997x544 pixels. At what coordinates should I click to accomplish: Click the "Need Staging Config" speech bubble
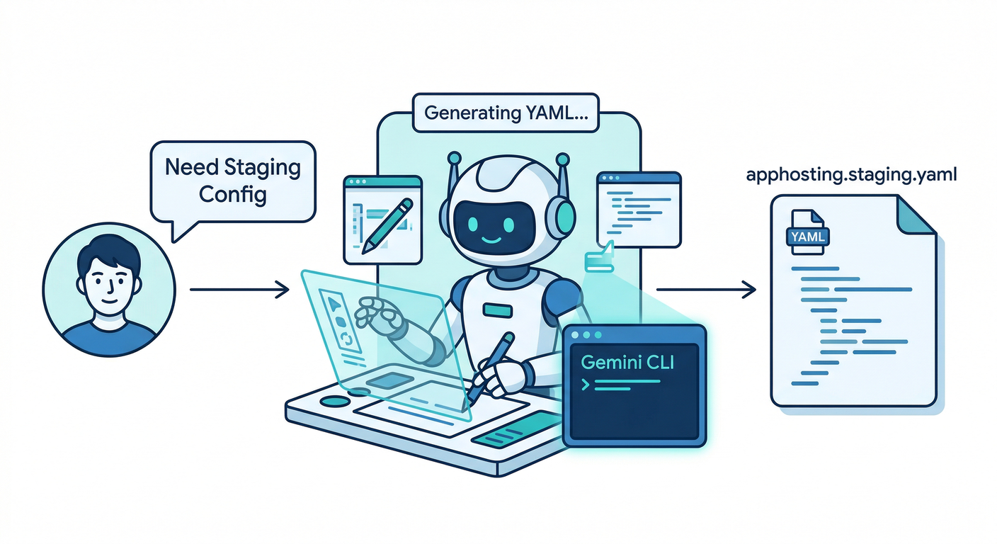pyautogui.click(x=232, y=180)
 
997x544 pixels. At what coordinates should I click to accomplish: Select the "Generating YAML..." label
pyautogui.click(x=506, y=113)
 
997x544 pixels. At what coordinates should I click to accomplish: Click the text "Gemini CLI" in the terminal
pyautogui.click(x=627, y=362)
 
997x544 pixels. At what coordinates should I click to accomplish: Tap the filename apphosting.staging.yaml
pyautogui.click(x=852, y=174)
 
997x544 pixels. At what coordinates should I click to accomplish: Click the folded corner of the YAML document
pyautogui.click(x=916, y=213)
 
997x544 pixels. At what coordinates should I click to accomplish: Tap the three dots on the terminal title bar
pyautogui.click(x=586, y=334)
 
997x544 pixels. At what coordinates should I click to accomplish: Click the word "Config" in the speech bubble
pyautogui.click(x=232, y=193)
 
